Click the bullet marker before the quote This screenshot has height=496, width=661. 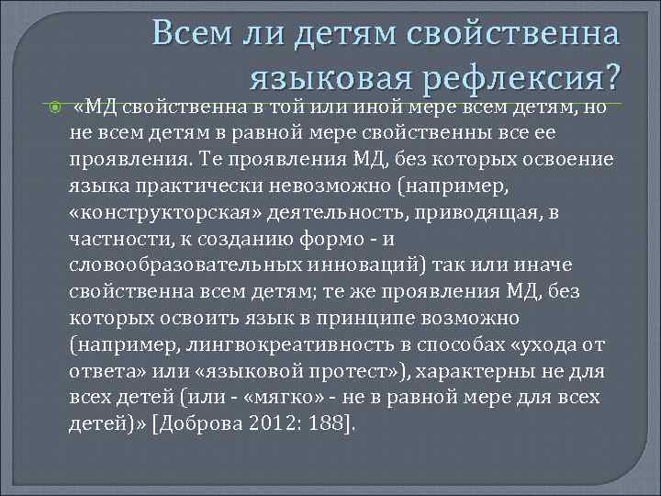point(52,108)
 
